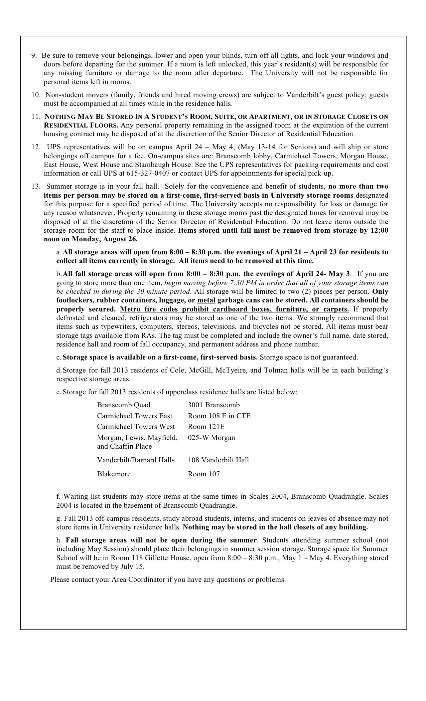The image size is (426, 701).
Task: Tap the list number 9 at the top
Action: [x=34, y=55]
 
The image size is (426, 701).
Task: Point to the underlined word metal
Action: [x=206, y=300]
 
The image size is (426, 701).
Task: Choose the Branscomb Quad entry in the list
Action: [x=124, y=405]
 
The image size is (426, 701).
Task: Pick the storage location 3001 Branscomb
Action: [x=214, y=405]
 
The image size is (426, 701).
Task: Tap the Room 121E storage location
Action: [x=206, y=427]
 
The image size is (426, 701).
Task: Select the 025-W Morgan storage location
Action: [x=211, y=438]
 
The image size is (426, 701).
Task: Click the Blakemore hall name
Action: [x=114, y=474]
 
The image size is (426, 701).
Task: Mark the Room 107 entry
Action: [x=204, y=474]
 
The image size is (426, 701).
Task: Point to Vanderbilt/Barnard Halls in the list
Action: [x=136, y=460]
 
